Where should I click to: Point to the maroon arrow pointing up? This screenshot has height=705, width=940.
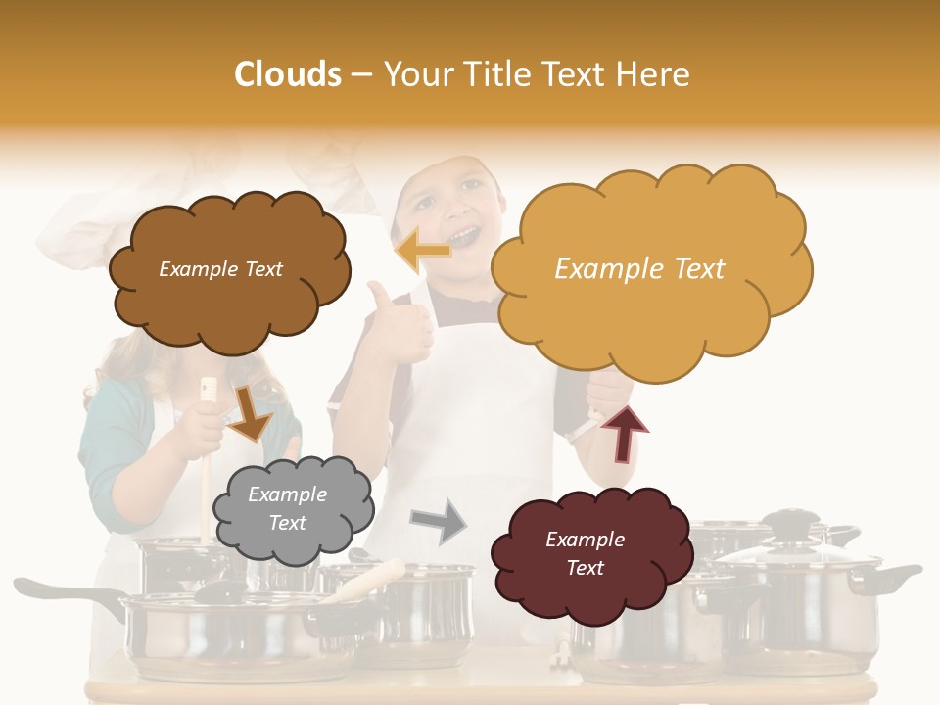(x=624, y=433)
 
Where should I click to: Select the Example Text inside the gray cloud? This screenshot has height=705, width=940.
(x=288, y=509)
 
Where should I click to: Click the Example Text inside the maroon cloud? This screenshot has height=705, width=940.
(x=585, y=553)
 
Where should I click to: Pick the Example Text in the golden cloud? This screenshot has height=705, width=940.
(x=639, y=268)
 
